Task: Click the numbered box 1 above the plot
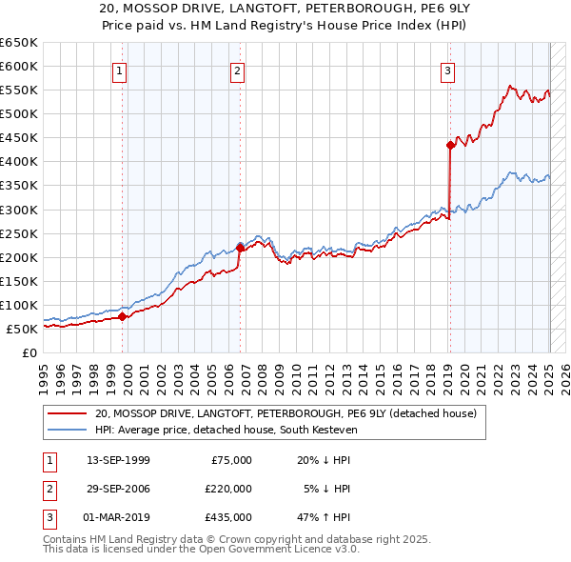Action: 120,70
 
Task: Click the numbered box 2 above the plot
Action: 237,70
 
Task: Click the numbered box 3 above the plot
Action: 447,70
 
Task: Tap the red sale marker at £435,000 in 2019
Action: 449,145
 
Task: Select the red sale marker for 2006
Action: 240,248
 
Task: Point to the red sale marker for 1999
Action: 123,317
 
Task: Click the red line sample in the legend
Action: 67,413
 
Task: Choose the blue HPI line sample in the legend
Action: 67,430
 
